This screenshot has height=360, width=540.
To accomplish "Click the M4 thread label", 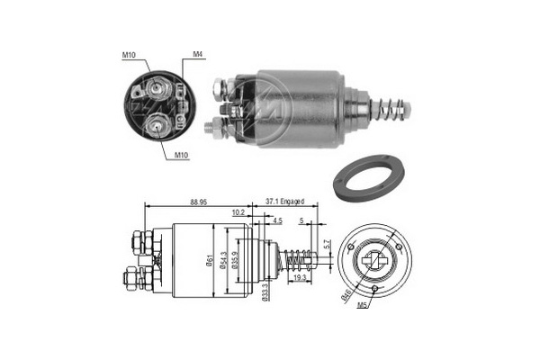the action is [x=198, y=54].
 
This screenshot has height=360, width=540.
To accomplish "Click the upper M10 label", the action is [x=129, y=55].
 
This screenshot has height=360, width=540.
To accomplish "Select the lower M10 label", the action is [x=181, y=155].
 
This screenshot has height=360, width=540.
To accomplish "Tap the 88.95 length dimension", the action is [x=199, y=202].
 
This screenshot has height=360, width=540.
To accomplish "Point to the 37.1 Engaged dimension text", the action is [x=284, y=202].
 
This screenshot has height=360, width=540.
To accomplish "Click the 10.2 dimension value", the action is [x=238, y=213].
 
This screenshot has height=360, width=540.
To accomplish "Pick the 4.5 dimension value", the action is [x=277, y=220].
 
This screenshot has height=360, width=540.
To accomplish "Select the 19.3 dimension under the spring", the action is [x=300, y=278].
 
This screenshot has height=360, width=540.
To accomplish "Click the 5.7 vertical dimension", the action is [x=328, y=244].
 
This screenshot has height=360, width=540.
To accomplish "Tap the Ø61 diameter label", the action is [x=209, y=260].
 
